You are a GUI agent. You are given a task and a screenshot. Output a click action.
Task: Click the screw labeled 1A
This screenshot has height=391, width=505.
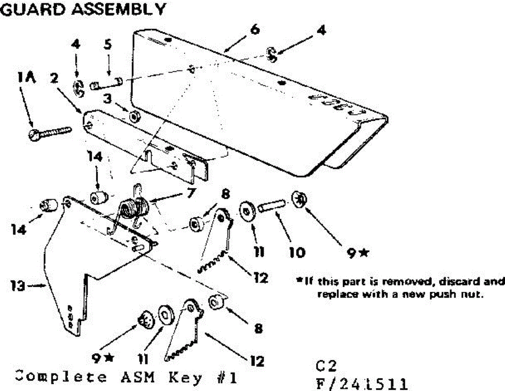(x=50, y=131)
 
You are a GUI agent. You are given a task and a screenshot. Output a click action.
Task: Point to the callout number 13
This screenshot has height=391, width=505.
(x=17, y=286)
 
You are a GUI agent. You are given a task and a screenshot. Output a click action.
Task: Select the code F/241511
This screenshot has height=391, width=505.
(x=362, y=383)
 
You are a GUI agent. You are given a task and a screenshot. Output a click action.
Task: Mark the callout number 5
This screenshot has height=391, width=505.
(x=108, y=45)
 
